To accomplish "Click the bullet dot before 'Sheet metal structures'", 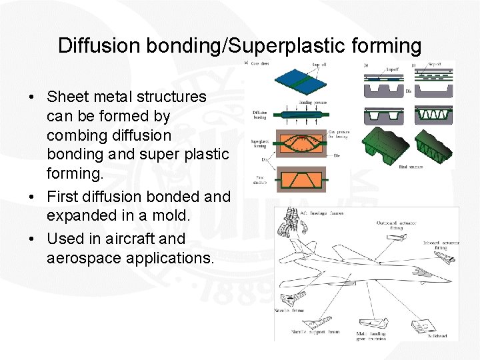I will click(32, 97).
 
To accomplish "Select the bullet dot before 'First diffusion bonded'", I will click(32, 197).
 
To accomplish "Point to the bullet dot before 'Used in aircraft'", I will click(32, 239).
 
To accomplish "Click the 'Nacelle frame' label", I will click(288, 311).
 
